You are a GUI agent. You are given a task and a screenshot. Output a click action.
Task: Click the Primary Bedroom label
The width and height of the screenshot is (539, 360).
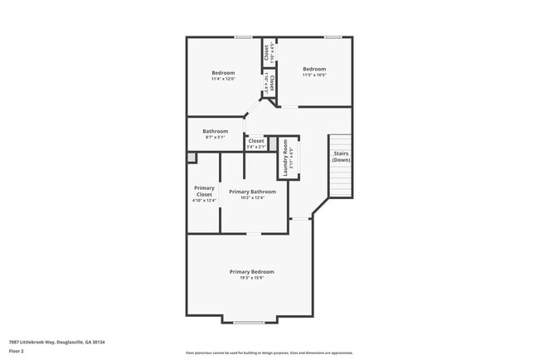[251, 271]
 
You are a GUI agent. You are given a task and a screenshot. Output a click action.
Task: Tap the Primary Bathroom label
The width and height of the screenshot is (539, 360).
[252, 192]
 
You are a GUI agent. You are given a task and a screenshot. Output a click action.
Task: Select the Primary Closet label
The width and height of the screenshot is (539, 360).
[204, 191]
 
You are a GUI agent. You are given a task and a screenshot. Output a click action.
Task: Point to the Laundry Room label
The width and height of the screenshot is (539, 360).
[285, 154]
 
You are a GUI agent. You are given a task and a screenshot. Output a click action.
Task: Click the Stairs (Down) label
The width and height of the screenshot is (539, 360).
[341, 156]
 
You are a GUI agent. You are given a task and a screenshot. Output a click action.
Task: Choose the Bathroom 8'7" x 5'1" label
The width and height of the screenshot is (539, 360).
[215, 131]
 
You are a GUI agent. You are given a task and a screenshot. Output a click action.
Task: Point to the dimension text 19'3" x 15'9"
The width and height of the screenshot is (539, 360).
[251, 278]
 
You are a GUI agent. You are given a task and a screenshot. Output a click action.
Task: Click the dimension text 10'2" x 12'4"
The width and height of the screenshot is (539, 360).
[252, 197]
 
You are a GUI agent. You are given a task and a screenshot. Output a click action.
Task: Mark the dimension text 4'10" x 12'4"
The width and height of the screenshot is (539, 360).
[204, 200]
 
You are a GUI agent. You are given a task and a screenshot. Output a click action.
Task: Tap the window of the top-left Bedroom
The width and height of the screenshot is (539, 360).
[243, 36]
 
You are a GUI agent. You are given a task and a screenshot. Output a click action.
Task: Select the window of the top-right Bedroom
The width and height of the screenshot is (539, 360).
[333, 36]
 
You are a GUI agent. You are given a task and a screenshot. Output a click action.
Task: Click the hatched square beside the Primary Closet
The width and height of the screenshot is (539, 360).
[192, 156]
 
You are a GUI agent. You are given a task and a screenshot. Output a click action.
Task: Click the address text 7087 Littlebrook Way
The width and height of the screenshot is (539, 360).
[57, 342]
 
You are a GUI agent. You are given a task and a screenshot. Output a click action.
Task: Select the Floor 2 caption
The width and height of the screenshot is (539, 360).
[17, 352]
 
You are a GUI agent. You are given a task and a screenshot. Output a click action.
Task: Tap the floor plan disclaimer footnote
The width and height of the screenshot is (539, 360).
[269, 353]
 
